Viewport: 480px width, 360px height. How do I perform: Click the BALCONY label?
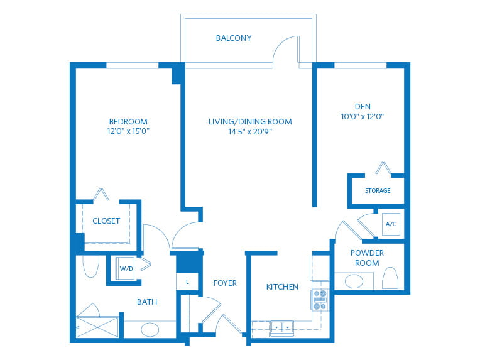pos(234,38)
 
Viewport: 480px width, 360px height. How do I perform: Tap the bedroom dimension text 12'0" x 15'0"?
pos(128,131)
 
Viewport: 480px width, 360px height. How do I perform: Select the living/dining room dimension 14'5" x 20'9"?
pos(250,132)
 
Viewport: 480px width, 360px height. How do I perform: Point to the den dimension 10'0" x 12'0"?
pos(363,116)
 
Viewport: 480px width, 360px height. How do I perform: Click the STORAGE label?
pos(378,191)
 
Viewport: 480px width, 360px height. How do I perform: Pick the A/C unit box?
pos(391,224)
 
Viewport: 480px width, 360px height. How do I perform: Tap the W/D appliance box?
pos(126,268)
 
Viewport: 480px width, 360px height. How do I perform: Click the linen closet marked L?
pos(187,281)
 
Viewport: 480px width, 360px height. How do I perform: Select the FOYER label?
pos(225,283)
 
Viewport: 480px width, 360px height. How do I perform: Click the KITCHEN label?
pos(282,287)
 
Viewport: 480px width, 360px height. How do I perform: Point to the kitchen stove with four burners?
pos(320,300)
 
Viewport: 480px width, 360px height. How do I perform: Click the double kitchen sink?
pos(282,328)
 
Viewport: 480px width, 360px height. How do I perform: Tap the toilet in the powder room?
pos(390,278)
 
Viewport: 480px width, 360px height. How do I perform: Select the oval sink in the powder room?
pos(354,281)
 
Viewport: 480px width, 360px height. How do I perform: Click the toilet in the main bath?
pos(91,266)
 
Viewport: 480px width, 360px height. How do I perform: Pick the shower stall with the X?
pos(97,327)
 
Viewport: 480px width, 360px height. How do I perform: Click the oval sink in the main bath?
pos(150,330)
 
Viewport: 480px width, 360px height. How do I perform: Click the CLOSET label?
pos(106,221)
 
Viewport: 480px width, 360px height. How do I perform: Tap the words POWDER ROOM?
pos(367,258)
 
